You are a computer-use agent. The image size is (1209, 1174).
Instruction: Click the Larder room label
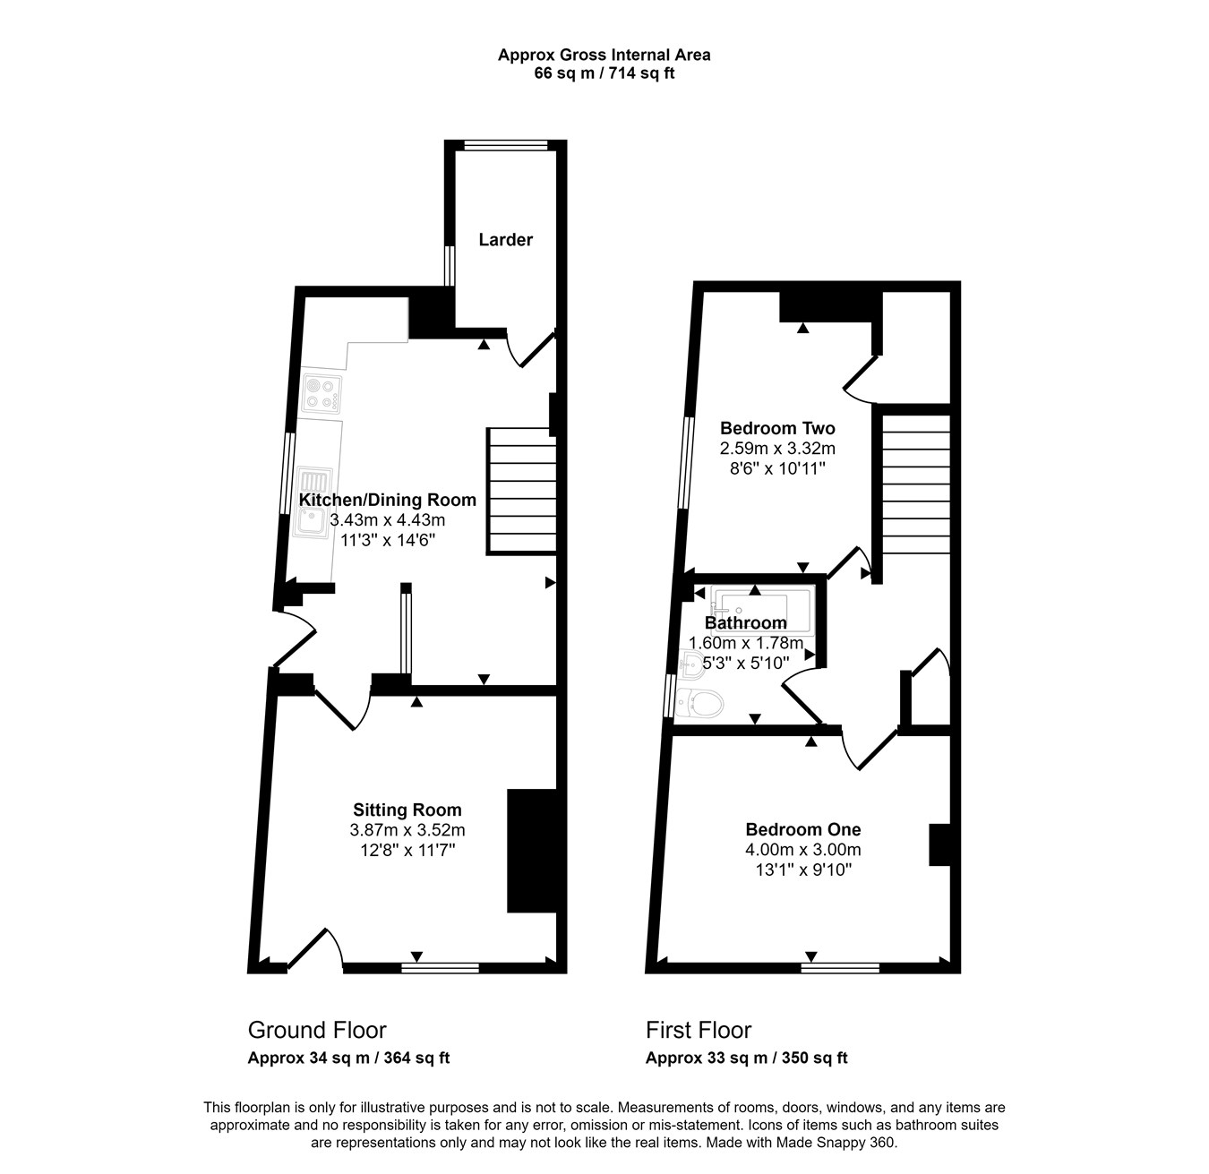(x=505, y=240)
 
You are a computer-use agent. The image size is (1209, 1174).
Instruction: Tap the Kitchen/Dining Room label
(x=388, y=500)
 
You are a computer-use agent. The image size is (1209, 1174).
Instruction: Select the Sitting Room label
(x=407, y=810)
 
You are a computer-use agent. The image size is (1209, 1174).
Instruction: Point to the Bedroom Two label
(x=777, y=429)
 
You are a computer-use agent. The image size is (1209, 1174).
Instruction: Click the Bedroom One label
(x=803, y=830)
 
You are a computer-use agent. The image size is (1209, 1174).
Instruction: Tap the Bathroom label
(x=745, y=622)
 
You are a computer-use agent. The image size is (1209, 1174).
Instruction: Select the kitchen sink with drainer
(x=314, y=502)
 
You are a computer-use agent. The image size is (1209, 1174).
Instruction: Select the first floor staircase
(x=916, y=484)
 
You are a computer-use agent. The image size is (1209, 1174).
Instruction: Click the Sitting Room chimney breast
(x=531, y=851)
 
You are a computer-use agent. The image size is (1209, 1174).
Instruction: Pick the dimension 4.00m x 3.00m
(x=803, y=850)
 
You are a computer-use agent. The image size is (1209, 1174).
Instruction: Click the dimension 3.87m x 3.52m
(x=407, y=830)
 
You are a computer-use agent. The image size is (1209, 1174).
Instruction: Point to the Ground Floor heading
(x=317, y=1031)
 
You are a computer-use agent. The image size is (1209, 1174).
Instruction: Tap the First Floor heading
(x=699, y=1031)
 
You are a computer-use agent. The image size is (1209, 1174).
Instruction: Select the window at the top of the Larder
(x=506, y=145)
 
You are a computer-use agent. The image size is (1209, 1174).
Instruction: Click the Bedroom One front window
(x=840, y=968)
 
